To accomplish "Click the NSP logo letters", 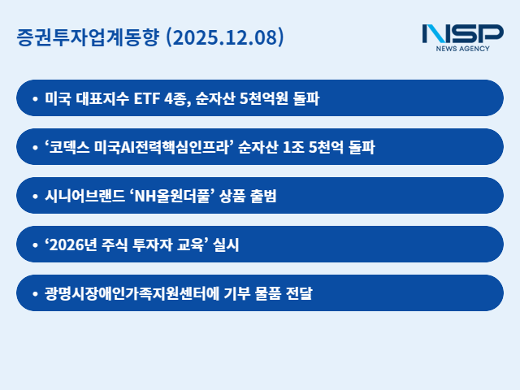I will point(462,34).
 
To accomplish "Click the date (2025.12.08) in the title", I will point(224,37).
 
